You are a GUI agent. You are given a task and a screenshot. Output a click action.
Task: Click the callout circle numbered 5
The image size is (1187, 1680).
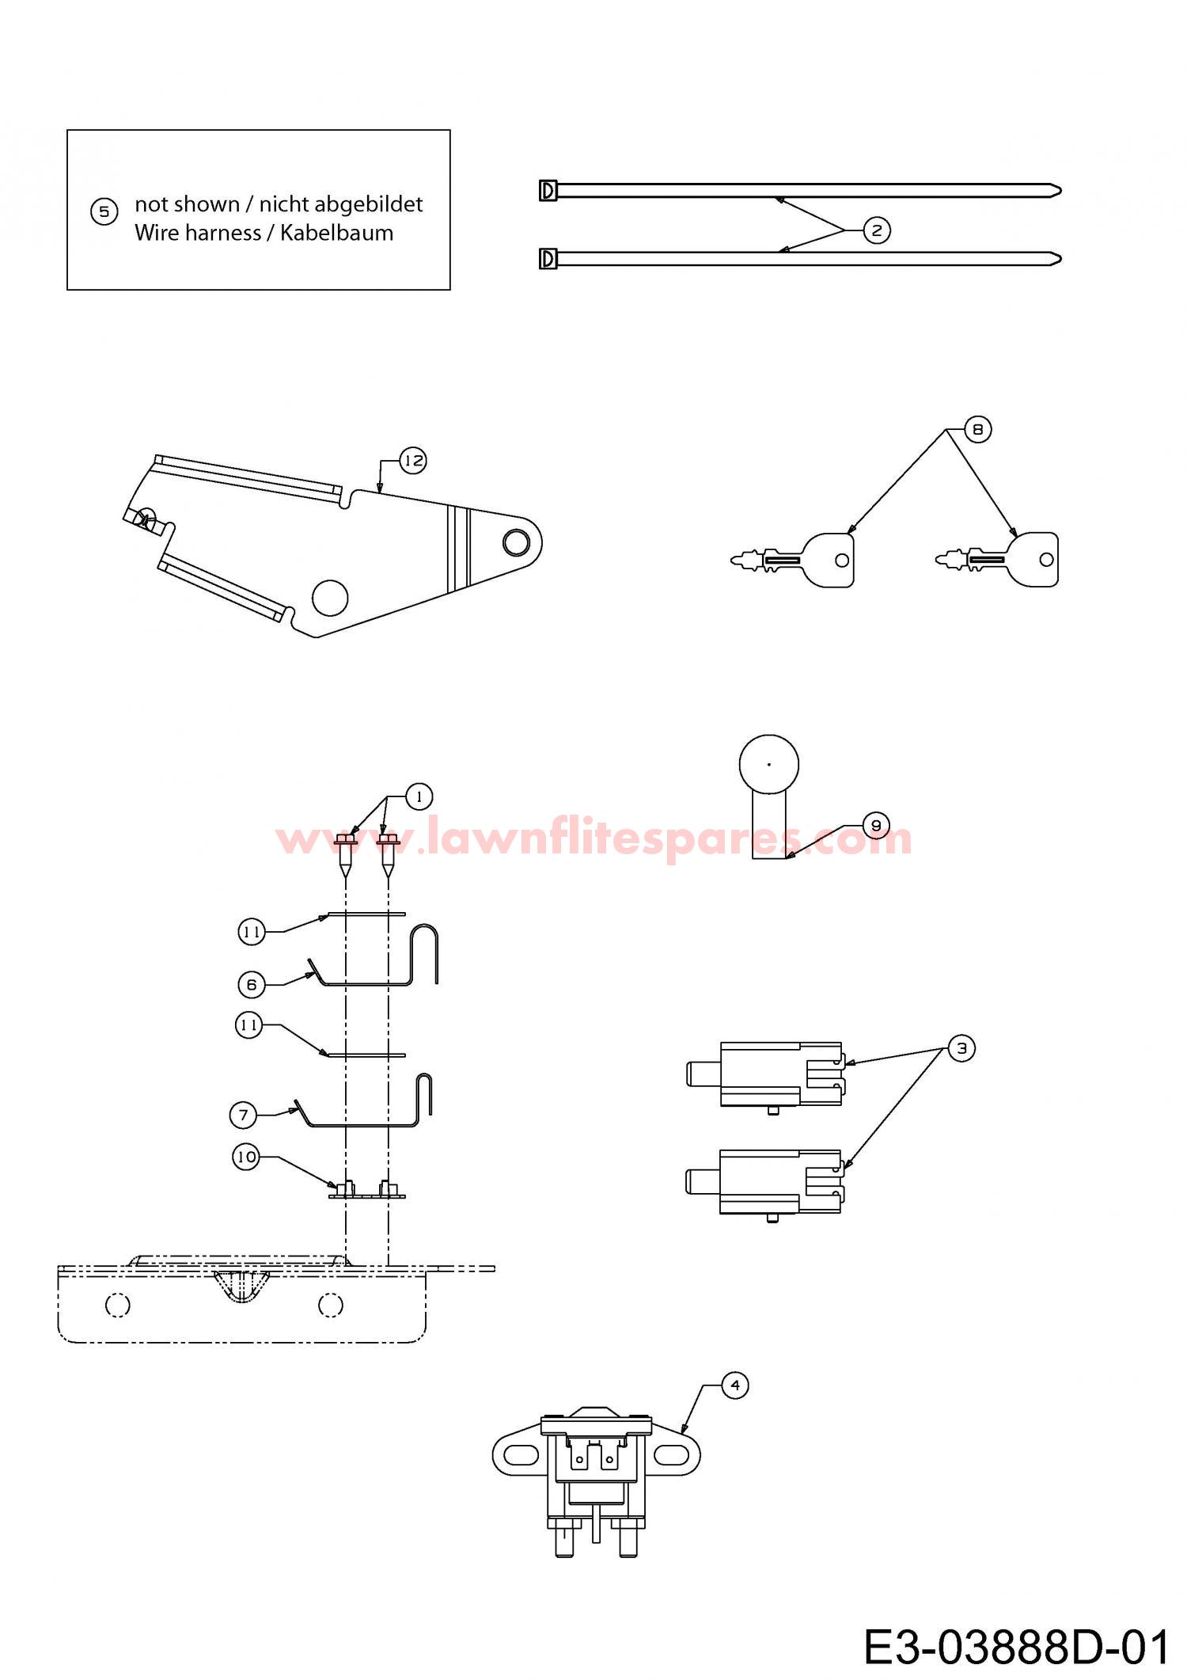point(104,212)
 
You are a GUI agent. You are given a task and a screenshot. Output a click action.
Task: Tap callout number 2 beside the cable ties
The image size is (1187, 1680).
point(876,230)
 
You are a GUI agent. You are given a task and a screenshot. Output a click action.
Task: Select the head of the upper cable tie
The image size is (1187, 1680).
point(548,191)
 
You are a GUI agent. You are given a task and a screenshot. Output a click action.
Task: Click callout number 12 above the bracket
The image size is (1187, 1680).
point(413,461)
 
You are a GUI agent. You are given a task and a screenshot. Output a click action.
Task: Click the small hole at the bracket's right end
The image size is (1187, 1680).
point(516,542)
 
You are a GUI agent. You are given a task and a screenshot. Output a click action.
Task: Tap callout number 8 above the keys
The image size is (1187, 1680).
point(978,429)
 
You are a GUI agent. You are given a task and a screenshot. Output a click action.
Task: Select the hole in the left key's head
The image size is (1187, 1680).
point(842,561)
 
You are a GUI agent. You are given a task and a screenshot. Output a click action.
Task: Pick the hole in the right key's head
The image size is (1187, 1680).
point(1046,560)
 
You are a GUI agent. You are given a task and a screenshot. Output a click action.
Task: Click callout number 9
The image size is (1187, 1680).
point(876,826)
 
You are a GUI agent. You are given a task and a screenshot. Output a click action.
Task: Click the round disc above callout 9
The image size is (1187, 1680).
point(769,765)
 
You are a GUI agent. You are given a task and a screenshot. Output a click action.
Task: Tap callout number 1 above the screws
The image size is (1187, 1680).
point(419,796)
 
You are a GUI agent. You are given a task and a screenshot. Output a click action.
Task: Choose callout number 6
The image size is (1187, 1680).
point(252,985)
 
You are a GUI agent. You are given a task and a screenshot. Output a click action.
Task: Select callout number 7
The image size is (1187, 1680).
point(243,1116)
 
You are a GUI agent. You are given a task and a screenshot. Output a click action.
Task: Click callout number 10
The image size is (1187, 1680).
point(246,1157)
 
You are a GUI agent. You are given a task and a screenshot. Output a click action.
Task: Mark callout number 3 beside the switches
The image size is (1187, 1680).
point(961,1048)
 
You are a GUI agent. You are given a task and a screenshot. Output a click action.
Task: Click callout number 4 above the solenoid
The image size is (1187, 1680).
point(735,1385)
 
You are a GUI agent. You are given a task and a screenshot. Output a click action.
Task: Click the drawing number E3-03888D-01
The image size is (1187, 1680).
point(1017,1648)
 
